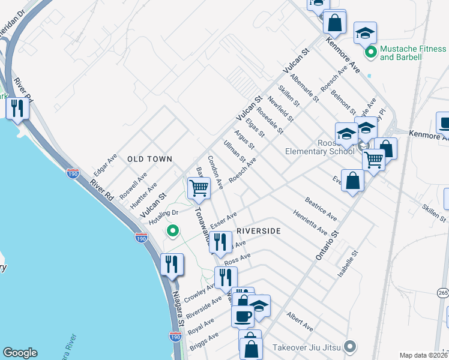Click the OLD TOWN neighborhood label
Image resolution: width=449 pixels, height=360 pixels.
pos(149,159)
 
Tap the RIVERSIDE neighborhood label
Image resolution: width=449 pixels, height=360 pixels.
pos(259,230)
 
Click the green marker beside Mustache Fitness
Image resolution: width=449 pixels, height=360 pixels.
pos(370,52)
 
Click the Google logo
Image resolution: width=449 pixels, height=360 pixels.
pos(20,353)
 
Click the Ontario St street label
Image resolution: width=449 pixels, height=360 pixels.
pos(327,246)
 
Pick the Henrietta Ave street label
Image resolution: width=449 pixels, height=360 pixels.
pos(310,223)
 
